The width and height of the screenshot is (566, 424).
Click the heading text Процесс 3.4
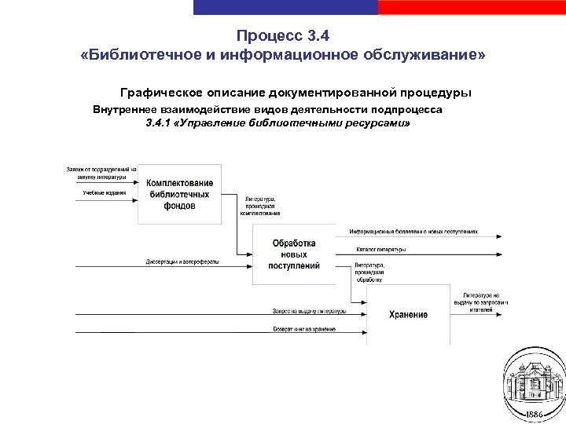[283, 36]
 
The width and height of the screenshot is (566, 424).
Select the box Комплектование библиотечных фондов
[179, 194]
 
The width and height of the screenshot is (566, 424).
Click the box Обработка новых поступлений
[293, 254]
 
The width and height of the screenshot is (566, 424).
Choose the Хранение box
[408, 314]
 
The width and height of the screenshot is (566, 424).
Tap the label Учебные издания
[105, 192]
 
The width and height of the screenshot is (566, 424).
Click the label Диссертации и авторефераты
[182, 261]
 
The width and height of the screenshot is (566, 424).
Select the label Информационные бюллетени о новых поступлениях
[413, 232]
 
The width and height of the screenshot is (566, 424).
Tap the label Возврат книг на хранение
[304, 328]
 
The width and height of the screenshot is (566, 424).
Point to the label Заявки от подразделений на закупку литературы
[101, 173]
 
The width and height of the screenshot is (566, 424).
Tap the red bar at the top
[472, 7]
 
